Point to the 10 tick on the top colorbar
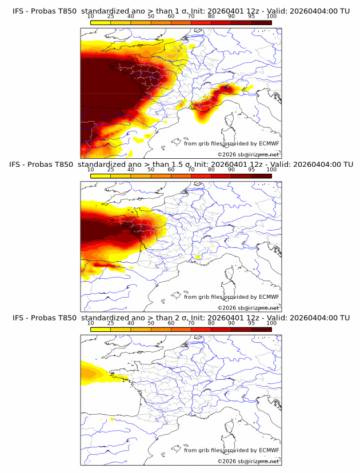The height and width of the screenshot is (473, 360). (90, 17)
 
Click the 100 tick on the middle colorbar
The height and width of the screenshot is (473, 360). (271, 170)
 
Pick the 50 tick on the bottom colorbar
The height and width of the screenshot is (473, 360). (151, 323)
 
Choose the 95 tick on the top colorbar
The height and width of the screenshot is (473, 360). (251, 17)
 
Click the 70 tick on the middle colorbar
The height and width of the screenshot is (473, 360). (191, 170)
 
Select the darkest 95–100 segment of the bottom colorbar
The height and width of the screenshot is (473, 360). (261, 330)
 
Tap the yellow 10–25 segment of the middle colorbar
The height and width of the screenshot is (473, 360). (101, 176)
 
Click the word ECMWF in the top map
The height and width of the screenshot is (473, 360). (269, 144)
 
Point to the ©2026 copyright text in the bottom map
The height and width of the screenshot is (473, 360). (227, 461)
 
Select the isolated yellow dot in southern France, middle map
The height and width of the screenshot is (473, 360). (198, 258)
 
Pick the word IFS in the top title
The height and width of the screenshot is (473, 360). (19, 11)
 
